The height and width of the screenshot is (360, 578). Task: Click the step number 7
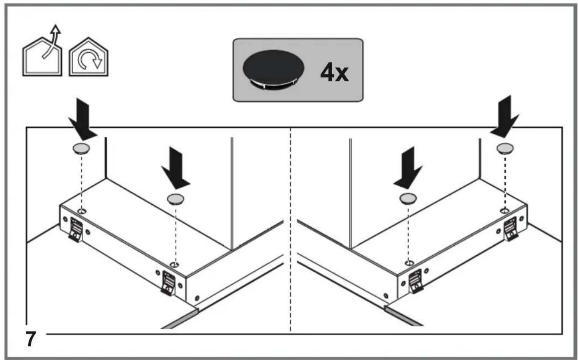pyautogui.click(x=30, y=339)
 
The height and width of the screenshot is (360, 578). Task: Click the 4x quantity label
pyautogui.click(x=334, y=73)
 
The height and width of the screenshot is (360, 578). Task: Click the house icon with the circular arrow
pyautogui.click(x=88, y=57)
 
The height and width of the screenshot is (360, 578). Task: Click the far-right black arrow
pyautogui.click(x=504, y=117)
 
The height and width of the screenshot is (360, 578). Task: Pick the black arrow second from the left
pyautogui.click(x=176, y=168)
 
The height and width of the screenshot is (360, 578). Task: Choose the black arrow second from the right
pyautogui.click(x=408, y=168)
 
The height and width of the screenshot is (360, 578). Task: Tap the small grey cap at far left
pyautogui.click(x=81, y=148)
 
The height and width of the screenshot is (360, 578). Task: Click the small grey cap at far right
pyautogui.click(x=505, y=148)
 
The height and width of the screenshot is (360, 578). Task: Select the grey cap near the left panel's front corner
pyautogui.click(x=176, y=199)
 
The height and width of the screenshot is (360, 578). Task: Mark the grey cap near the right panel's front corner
pyautogui.click(x=408, y=198)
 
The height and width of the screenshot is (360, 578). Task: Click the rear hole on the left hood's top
pyautogui.click(x=82, y=212)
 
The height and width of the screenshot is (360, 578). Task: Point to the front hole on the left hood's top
pyautogui.click(x=175, y=264)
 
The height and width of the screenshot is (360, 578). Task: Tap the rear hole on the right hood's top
pyautogui.click(x=504, y=211)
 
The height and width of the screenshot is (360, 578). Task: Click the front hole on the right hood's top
pyautogui.click(x=409, y=263)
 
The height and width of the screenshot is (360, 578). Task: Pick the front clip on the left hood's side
pyautogui.click(x=168, y=283)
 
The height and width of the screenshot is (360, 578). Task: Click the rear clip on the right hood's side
pyautogui.click(x=511, y=229)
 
